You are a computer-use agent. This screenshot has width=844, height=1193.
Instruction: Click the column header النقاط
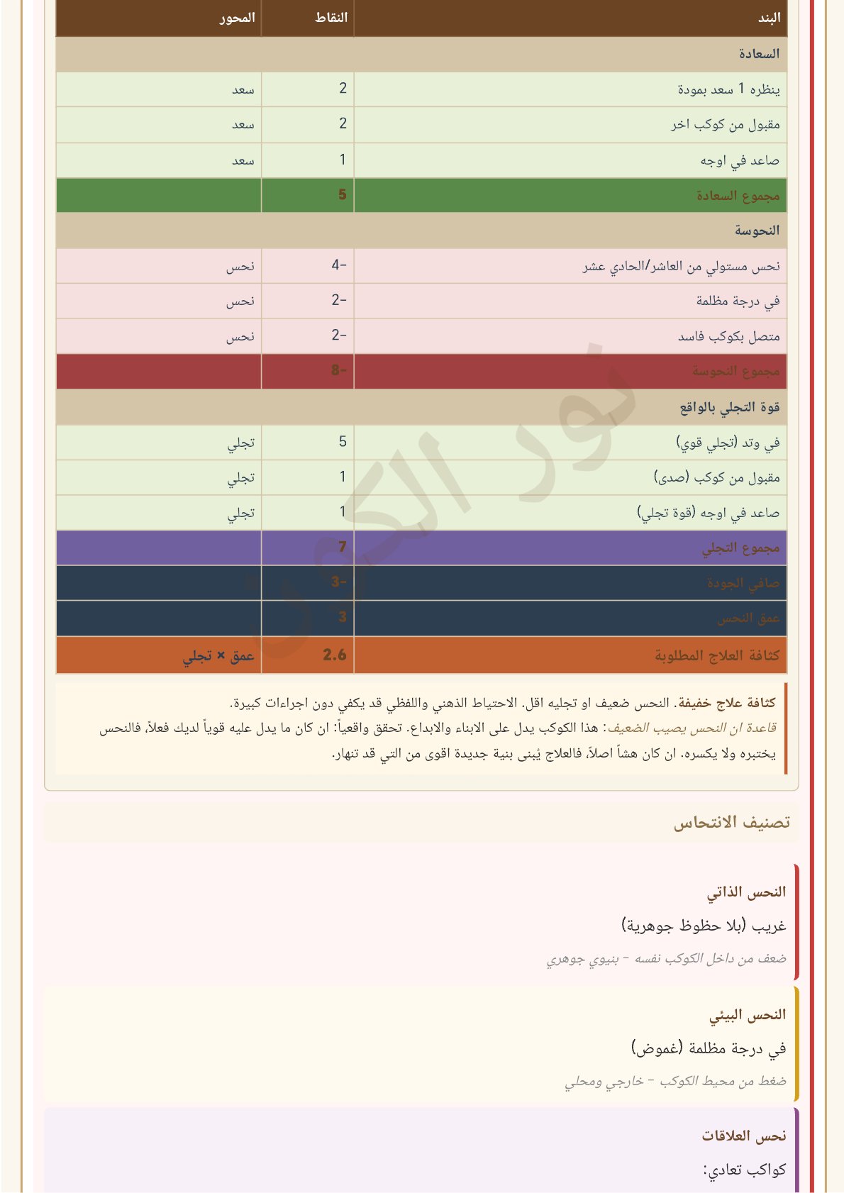click(331, 18)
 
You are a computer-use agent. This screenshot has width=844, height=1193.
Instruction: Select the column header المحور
click(237, 18)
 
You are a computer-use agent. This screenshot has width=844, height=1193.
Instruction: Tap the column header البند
click(769, 18)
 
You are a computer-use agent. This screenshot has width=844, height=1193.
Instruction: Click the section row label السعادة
click(758, 54)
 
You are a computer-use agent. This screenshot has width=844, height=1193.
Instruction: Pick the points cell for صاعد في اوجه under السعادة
click(343, 160)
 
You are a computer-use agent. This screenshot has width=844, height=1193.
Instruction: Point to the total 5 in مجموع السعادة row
click(343, 194)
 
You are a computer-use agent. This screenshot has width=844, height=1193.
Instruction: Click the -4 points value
click(339, 265)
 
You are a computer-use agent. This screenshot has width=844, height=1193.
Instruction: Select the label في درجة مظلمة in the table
click(738, 301)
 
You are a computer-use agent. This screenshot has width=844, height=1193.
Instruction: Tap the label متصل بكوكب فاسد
click(728, 336)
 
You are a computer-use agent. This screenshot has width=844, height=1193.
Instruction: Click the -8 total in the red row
click(339, 370)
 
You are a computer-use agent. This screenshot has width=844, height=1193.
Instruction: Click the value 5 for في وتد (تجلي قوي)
click(343, 442)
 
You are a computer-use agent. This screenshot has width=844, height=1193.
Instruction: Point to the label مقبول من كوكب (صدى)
click(716, 477)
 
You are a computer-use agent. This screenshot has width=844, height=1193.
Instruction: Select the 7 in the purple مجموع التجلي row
click(343, 547)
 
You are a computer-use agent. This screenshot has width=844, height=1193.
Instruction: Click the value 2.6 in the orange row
click(335, 655)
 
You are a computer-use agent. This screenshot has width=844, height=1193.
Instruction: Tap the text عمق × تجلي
click(218, 656)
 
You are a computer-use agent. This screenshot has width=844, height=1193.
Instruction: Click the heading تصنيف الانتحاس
click(731, 823)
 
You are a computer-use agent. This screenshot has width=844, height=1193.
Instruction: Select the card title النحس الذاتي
click(746, 892)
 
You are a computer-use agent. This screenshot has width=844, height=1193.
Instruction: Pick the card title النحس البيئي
click(748, 1015)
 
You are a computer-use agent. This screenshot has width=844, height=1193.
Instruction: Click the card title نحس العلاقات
click(744, 1136)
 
